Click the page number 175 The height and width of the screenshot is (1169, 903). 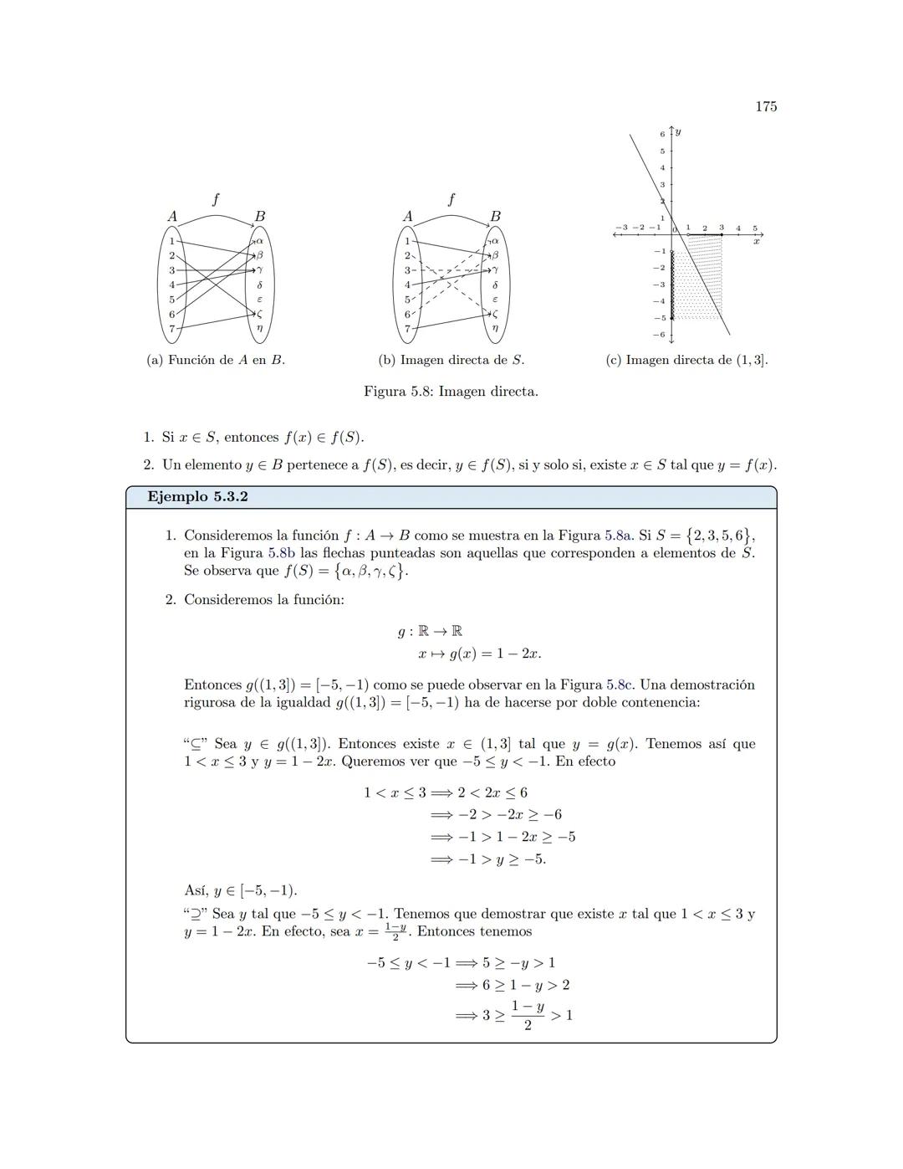pyautogui.click(x=765, y=106)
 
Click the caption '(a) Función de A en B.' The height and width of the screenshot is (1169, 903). pyautogui.click(x=216, y=360)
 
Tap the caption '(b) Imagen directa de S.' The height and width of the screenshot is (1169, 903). pyautogui.click(x=451, y=360)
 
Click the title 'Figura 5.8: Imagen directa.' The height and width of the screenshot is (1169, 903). pyautogui.click(x=451, y=392)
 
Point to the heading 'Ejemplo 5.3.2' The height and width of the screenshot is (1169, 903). pyautogui.click(x=197, y=497)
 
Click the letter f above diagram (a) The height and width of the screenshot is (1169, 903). pyautogui.click(x=216, y=199)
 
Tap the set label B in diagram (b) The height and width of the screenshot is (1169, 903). pyautogui.click(x=495, y=216)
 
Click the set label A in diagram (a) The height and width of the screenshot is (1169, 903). pyautogui.click(x=172, y=216)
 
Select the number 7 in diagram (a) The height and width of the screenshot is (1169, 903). pyautogui.click(x=172, y=328)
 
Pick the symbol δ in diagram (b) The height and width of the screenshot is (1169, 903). pyautogui.click(x=495, y=285)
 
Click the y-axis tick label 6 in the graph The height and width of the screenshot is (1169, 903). pyautogui.click(x=662, y=134)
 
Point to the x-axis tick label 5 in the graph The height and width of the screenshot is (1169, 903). pyautogui.click(x=754, y=228)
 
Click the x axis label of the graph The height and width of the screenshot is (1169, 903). pyautogui.click(x=756, y=241)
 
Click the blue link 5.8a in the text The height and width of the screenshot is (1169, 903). pyautogui.click(x=619, y=536)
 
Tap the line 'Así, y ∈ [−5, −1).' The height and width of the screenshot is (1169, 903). pyautogui.click(x=240, y=890)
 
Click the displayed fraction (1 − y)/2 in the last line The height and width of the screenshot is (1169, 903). pyautogui.click(x=528, y=1015)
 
